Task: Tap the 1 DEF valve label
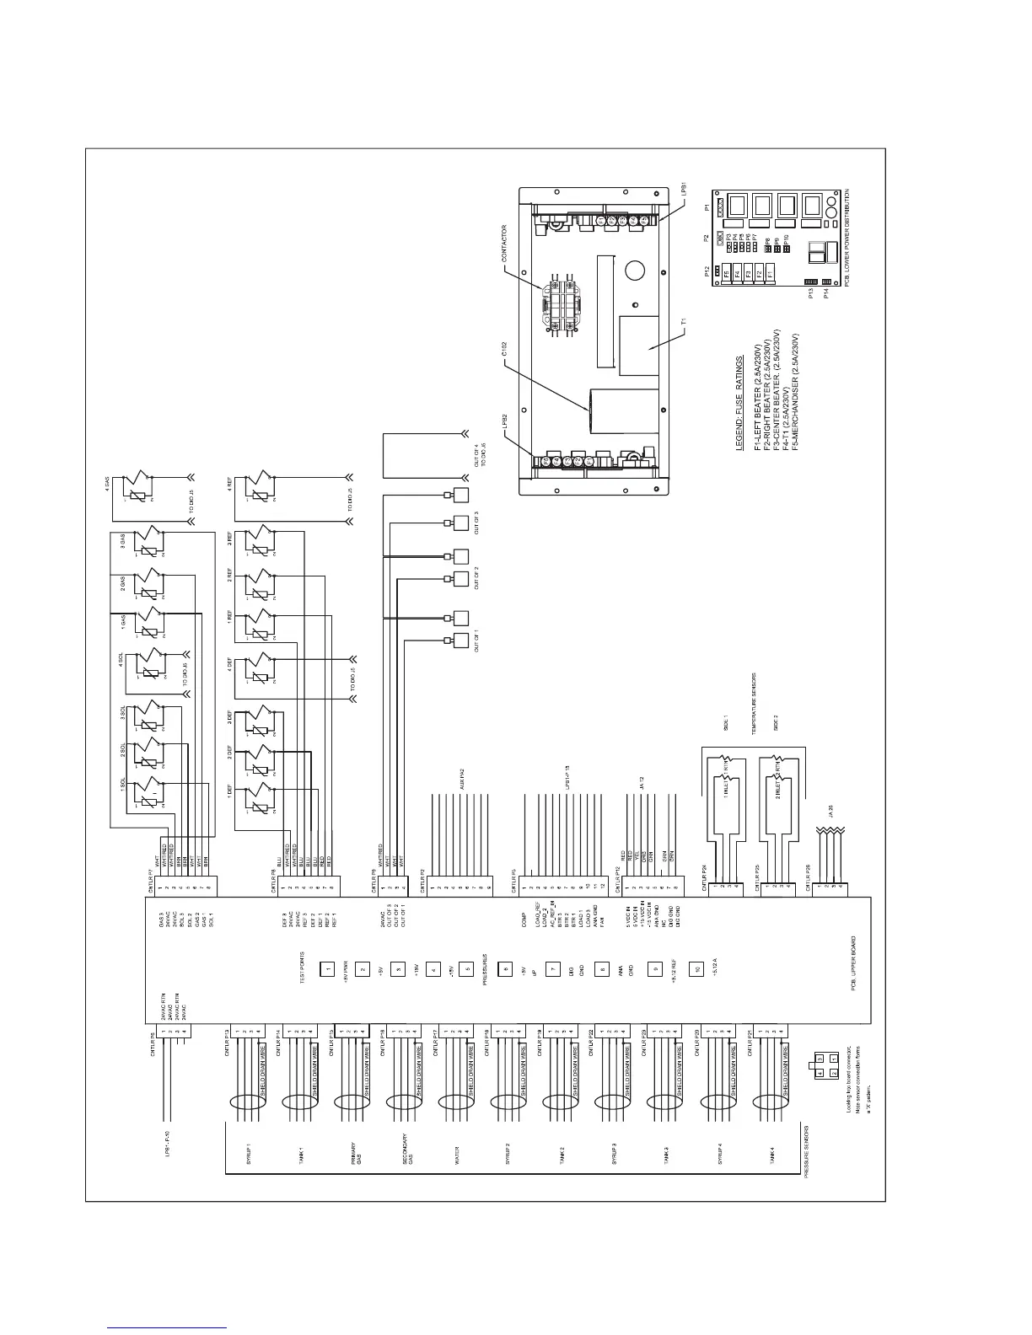click(x=229, y=792)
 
